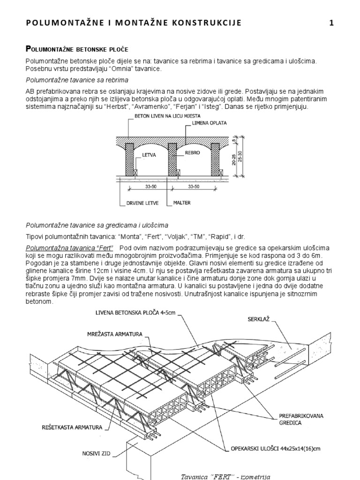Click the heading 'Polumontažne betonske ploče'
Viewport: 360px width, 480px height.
pyautogui.click(x=77, y=49)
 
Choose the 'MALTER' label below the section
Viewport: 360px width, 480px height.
pyautogui.click(x=182, y=203)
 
